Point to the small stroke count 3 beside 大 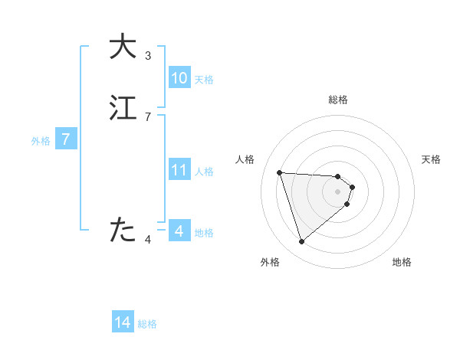click(148, 56)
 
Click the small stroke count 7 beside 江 click(148, 116)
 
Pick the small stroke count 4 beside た click(148, 241)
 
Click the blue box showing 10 click(179, 78)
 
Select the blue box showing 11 click(179, 170)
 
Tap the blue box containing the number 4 click(179, 231)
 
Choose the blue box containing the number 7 click(67, 139)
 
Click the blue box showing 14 click(123, 322)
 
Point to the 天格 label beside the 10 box click(204, 80)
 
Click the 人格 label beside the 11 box click(204, 172)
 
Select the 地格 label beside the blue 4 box click(204, 233)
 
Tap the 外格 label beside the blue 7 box click(41, 141)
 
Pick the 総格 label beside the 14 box click(147, 324)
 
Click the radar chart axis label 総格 click(338, 100)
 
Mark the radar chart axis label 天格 click(431, 159)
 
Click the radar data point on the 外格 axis click(301, 242)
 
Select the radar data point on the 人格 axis click(280, 172)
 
